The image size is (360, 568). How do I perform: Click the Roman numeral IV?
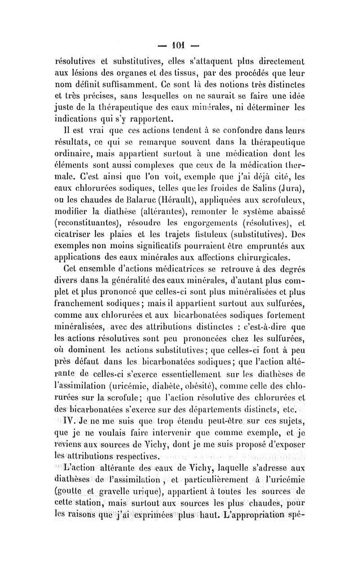(x=71, y=422)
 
